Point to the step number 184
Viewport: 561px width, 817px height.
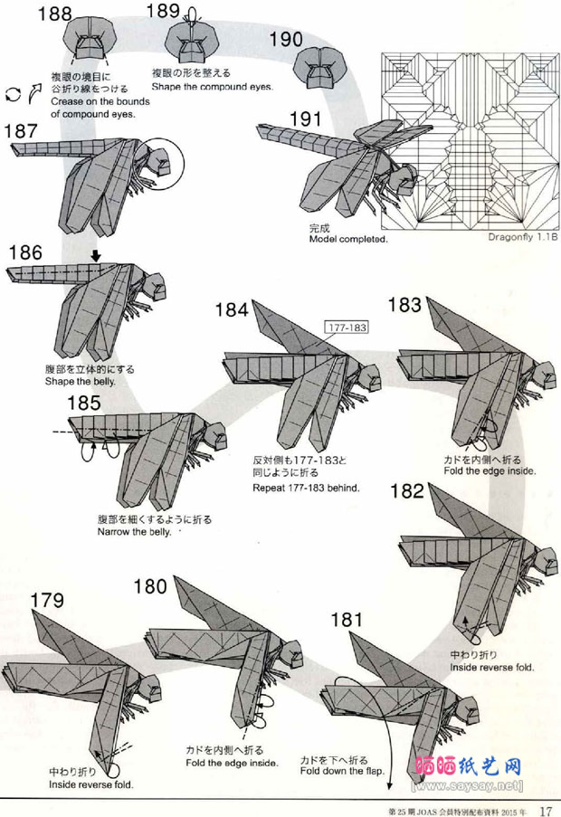[231, 310]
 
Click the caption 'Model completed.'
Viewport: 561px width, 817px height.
[348, 240]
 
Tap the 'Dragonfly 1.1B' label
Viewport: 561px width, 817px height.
[523, 238]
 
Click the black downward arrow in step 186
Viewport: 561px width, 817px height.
[95, 257]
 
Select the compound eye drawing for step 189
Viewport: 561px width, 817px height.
[191, 40]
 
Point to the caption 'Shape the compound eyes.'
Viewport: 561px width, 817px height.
[212, 86]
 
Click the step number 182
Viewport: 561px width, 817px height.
[407, 490]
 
